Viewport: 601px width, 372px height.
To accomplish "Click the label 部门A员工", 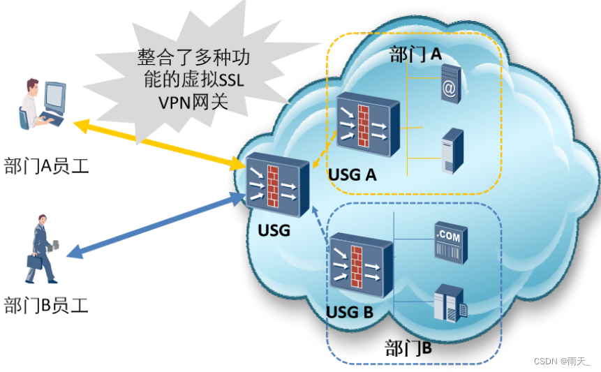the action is (46, 166).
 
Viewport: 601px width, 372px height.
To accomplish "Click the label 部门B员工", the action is (46, 305).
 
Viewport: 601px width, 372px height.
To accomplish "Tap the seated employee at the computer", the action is (42, 104).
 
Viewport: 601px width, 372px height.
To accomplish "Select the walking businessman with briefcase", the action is (42, 249).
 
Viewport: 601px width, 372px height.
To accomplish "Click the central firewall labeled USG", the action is (277, 185).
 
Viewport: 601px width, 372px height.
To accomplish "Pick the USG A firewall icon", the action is (368, 124).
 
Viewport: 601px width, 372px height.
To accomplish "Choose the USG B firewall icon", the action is (362, 265).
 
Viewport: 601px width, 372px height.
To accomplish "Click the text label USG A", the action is (353, 175).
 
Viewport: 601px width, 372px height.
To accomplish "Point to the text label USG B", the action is (350, 312).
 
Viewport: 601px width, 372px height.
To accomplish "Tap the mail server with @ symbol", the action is (450, 84).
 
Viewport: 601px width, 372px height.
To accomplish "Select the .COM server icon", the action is (451, 243).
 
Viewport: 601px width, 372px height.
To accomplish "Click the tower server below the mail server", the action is (452, 151).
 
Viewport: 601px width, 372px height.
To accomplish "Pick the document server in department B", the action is (450, 304).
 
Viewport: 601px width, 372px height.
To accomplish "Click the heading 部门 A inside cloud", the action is (415, 54).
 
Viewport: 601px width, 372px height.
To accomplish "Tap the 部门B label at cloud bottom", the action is (408, 348).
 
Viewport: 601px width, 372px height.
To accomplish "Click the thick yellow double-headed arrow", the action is (159, 145).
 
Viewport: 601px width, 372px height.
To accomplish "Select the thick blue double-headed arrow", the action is (156, 225).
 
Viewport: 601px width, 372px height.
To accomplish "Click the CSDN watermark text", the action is (562, 362).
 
